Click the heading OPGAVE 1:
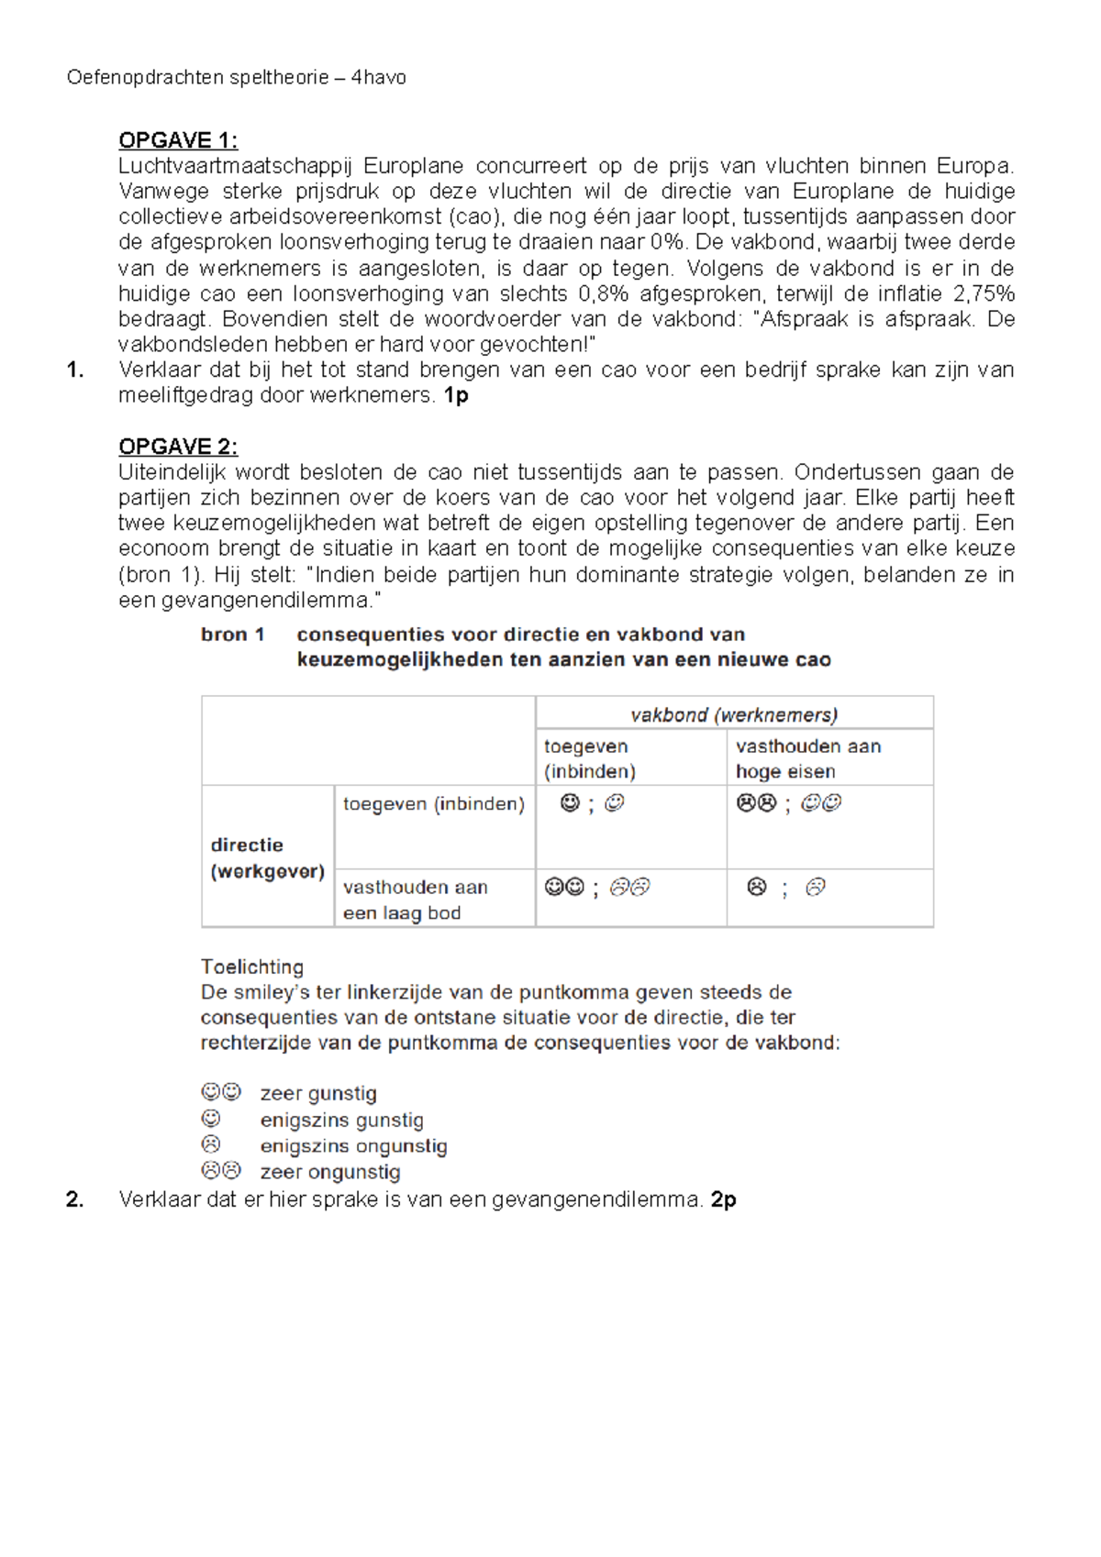(178, 140)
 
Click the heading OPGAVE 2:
(178, 447)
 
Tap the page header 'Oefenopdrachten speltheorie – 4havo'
(237, 78)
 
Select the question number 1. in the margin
(75, 370)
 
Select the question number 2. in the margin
(75, 1199)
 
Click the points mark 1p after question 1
(456, 396)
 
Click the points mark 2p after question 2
(723, 1199)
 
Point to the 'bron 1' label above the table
(233, 635)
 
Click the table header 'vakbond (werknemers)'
(734, 715)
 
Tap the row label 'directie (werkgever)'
(267, 857)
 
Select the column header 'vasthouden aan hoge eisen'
(807, 758)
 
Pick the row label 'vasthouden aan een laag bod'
(415, 900)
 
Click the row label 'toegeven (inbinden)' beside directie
(433, 804)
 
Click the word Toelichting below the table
(252, 966)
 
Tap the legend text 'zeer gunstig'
(318, 1093)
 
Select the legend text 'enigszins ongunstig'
(353, 1146)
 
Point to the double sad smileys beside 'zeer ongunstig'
(221, 1171)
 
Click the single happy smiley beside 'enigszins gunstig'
(211, 1119)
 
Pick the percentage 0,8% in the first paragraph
(604, 294)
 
